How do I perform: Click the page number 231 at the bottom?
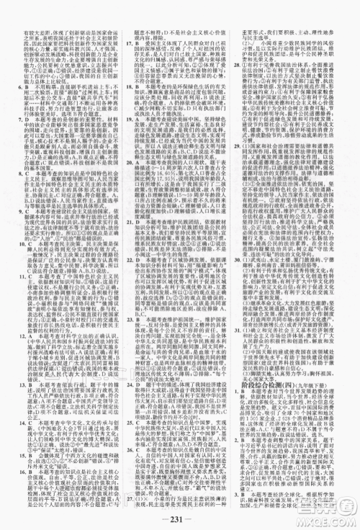(x=179, y=514)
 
